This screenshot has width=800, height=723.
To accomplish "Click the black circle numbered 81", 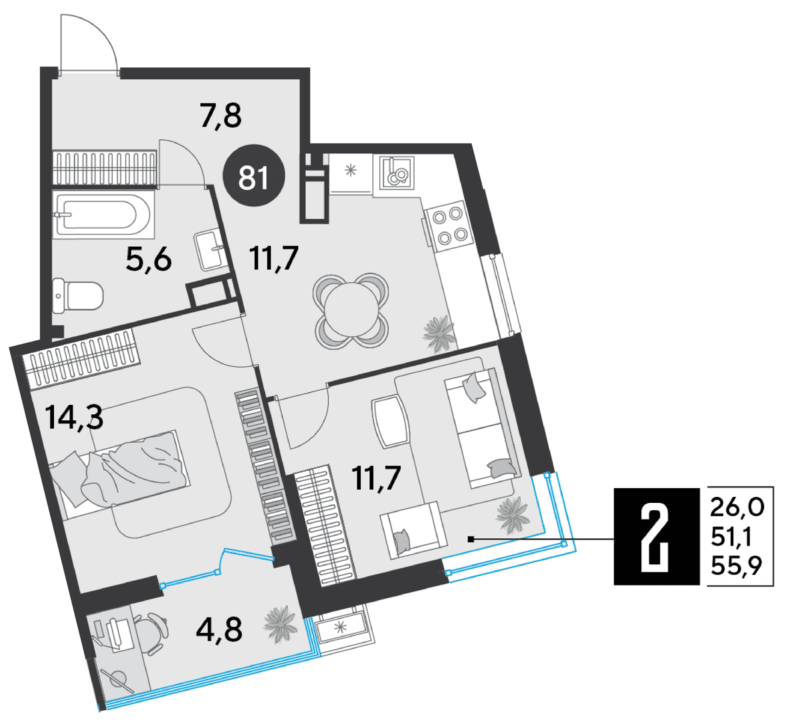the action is pyautogui.click(x=254, y=175).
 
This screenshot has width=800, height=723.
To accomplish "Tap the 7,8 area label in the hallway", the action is pyautogui.click(x=221, y=115).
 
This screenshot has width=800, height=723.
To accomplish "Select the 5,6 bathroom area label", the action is pyautogui.click(x=149, y=259).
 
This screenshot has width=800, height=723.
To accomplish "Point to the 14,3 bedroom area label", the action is pyautogui.click(x=74, y=417).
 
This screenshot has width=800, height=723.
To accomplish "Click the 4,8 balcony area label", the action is pyautogui.click(x=219, y=630).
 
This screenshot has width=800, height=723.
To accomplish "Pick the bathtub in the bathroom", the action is pyautogui.click(x=104, y=215).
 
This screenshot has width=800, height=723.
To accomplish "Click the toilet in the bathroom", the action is pyautogui.click(x=78, y=295).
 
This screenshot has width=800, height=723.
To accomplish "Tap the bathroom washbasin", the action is pyautogui.click(x=209, y=249).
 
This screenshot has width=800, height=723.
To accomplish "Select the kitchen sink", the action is pyautogui.click(x=397, y=173).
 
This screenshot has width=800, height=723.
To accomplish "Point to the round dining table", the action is pyautogui.click(x=351, y=309).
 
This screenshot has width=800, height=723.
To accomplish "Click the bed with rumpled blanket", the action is pyautogui.click(x=119, y=474).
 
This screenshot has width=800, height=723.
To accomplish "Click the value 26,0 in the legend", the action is pyautogui.click(x=737, y=508).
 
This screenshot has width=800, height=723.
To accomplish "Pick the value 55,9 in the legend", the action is pyautogui.click(x=737, y=566).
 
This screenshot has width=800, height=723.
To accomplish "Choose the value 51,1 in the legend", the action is pyautogui.click(x=731, y=537).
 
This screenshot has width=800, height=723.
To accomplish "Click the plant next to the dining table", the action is pyautogui.click(x=439, y=333).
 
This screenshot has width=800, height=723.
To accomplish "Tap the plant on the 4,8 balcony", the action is pyautogui.click(x=281, y=625).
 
